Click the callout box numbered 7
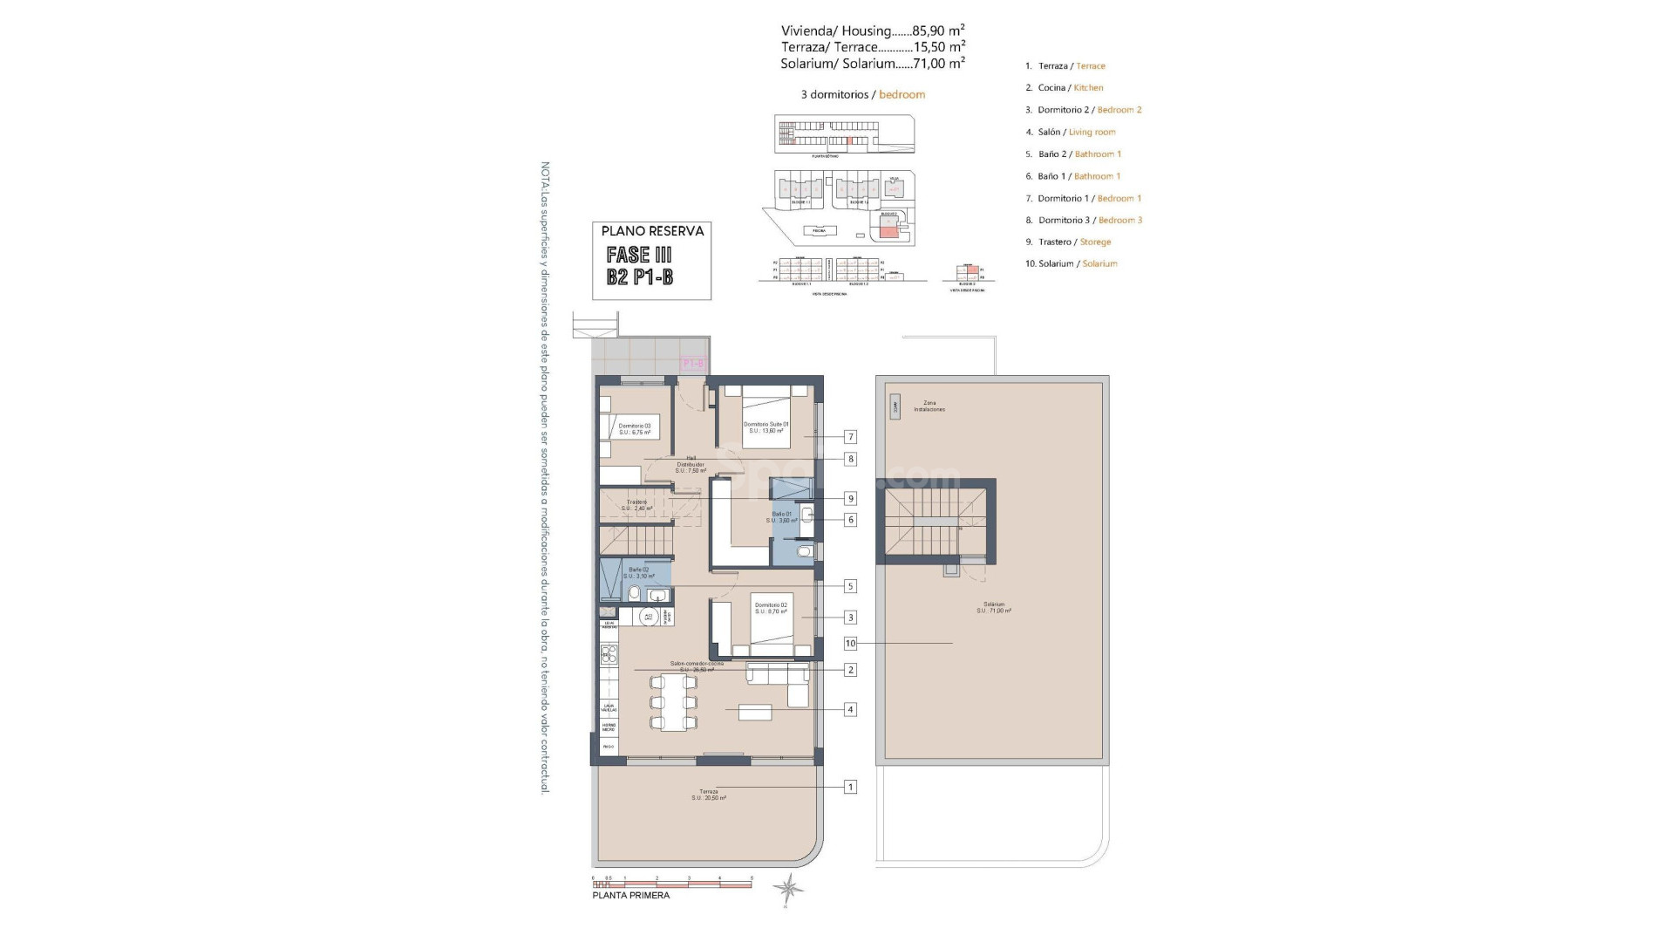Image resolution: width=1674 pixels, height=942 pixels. pyautogui.click(x=850, y=437)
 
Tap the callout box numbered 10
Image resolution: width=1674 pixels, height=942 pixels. pyautogui.click(x=850, y=644)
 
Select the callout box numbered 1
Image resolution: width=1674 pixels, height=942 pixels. pyautogui.click(x=850, y=787)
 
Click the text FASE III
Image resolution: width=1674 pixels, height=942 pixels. pyautogui.click(x=639, y=255)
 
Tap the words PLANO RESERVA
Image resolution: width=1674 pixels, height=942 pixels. pyautogui.click(x=652, y=231)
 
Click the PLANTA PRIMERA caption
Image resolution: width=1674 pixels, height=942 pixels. pyautogui.click(x=631, y=895)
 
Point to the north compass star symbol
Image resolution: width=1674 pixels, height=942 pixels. pyautogui.click(x=788, y=889)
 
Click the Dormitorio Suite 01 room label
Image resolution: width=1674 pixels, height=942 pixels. pyautogui.click(x=766, y=427)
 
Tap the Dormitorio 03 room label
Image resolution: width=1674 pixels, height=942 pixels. pyautogui.click(x=635, y=428)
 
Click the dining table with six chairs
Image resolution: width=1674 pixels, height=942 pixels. pyautogui.click(x=673, y=702)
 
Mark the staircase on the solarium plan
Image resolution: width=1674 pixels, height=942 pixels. pyautogui.click(x=936, y=522)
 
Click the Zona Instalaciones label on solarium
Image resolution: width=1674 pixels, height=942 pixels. pyautogui.click(x=929, y=406)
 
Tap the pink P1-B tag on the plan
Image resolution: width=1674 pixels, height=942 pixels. pyautogui.click(x=693, y=363)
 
